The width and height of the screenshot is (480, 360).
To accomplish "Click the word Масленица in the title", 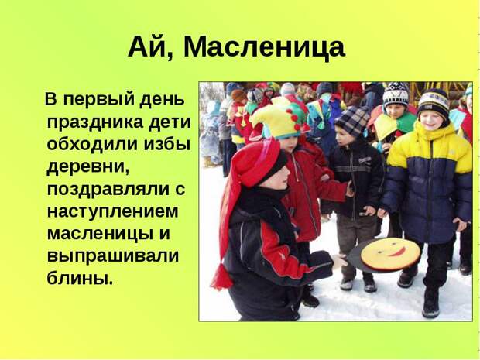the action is click(264, 48).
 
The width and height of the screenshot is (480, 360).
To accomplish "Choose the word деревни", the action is click(87, 168).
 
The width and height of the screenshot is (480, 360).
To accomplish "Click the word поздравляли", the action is click(108, 189).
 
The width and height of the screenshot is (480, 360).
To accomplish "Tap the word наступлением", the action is click(113, 211).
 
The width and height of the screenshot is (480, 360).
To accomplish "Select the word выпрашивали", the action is click(113, 256).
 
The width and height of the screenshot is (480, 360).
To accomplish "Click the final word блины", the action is click(80, 278).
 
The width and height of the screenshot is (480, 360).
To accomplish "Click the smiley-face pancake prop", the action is click(390, 255).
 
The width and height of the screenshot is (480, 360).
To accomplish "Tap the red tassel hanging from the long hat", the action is click(221, 276).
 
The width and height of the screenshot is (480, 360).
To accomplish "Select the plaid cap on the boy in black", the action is click(352, 121).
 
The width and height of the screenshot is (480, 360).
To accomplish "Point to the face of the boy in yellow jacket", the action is click(431, 120).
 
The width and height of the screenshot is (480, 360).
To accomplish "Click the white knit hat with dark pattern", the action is click(396, 94).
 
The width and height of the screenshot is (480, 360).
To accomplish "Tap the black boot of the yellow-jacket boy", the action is click(431, 303).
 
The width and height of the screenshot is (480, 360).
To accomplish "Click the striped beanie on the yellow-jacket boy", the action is click(434, 102).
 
